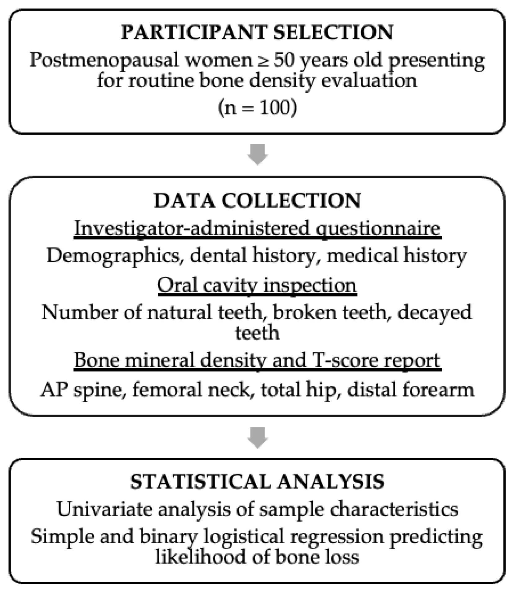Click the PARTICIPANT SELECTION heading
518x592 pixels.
point(257,32)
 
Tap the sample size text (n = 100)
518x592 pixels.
point(258,108)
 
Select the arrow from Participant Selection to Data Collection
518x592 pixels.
point(258,154)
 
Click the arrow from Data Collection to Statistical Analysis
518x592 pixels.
point(258,437)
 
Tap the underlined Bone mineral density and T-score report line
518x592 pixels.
point(257,360)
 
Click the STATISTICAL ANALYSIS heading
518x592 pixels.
point(257,482)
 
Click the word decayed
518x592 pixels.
point(434,313)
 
